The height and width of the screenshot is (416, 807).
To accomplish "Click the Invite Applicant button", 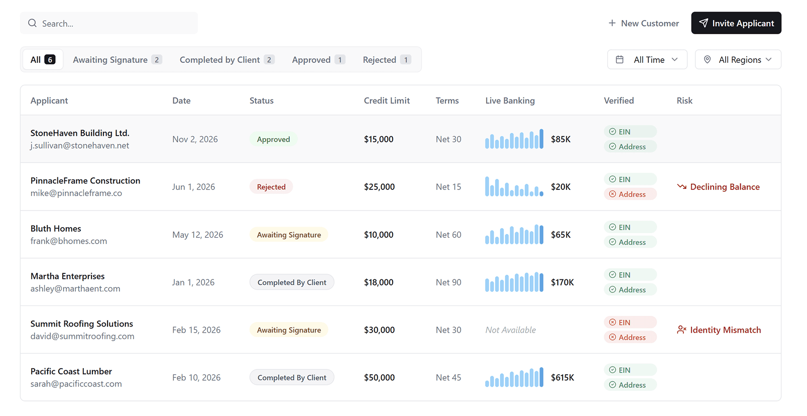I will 736,23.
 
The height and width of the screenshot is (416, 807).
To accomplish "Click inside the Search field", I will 108,24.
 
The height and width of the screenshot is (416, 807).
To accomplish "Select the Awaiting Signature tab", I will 117,60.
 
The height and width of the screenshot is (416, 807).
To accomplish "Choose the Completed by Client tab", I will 226,60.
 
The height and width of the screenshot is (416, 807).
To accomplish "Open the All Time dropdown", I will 647,60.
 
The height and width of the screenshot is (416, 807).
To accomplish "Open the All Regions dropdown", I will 738,60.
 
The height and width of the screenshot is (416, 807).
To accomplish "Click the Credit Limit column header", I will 387,100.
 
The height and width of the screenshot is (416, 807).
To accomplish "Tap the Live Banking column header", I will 510,100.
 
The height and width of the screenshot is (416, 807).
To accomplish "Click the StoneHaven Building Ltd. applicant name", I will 80,133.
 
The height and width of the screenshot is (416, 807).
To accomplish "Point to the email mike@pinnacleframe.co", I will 76,193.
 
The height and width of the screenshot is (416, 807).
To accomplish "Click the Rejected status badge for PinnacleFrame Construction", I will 271,187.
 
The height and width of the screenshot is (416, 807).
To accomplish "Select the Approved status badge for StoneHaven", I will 273,139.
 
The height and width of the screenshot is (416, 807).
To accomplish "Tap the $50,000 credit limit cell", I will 379,378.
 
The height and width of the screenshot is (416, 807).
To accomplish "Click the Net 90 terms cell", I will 448,282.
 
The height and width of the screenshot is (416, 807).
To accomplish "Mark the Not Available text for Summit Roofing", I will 510,330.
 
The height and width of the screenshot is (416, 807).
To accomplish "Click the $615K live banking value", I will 562,378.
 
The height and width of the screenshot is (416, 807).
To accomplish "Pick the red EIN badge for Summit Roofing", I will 630,323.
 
